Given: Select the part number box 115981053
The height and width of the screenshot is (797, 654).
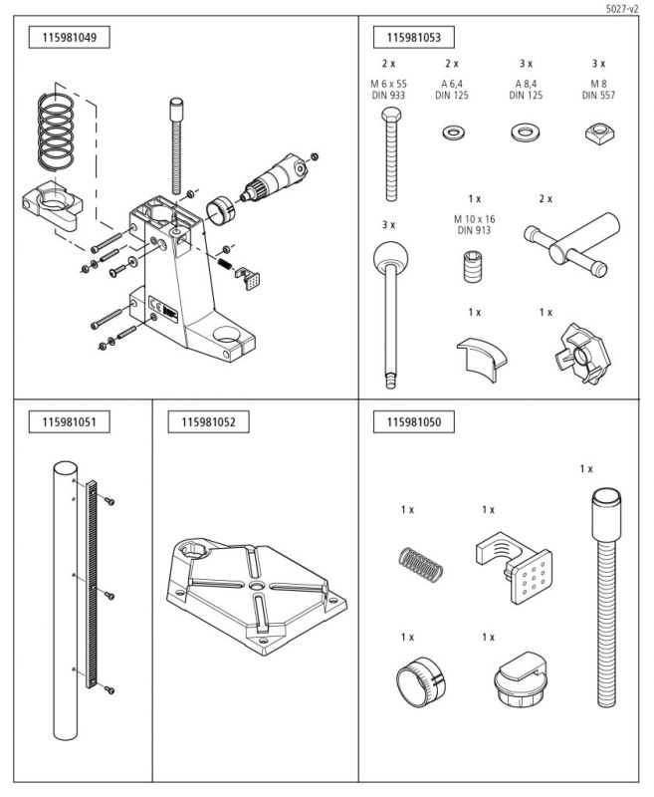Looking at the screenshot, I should tap(413, 39).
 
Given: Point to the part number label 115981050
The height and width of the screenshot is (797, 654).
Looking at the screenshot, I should tap(413, 422).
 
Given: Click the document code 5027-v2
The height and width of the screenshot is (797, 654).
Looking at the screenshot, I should tap(621, 8).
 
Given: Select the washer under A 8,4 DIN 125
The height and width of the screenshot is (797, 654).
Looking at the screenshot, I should tap(525, 131).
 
